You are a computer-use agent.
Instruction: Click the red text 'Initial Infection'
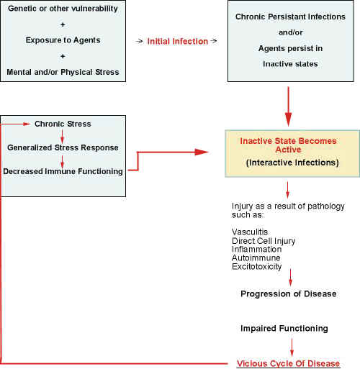[x=176, y=41]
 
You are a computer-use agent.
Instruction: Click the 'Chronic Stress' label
[x=63, y=124]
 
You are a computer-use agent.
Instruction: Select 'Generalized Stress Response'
[x=63, y=147]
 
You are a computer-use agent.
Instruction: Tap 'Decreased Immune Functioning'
[x=63, y=171]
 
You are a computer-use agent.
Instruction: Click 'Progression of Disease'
[x=288, y=294]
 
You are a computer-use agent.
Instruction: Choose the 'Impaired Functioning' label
[x=284, y=328]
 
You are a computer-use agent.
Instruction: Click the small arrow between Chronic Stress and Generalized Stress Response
[x=62, y=136]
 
